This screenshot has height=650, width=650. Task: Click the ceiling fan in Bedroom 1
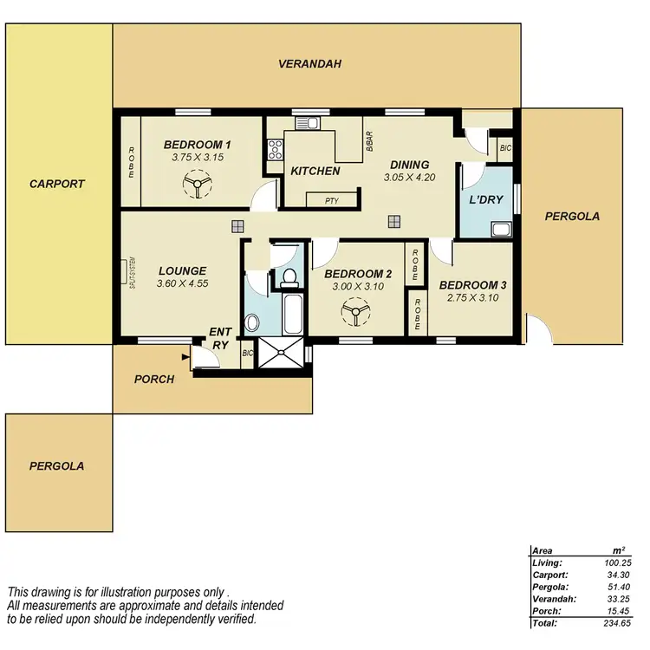197,184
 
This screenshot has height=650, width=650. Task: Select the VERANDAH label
309,63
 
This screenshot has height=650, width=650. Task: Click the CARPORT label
56,184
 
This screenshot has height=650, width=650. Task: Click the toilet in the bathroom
289,277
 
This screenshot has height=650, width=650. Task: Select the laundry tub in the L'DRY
502,230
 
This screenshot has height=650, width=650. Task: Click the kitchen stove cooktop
276,149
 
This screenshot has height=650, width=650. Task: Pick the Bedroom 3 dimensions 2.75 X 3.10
472,297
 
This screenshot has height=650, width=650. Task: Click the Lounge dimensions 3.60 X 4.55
182,283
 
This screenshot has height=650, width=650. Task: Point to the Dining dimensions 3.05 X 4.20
409,177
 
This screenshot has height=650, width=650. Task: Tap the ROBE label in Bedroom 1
132,162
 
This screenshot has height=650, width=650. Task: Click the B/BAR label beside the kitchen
369,140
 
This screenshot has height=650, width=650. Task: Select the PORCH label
153,379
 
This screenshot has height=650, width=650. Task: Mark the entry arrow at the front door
185,354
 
